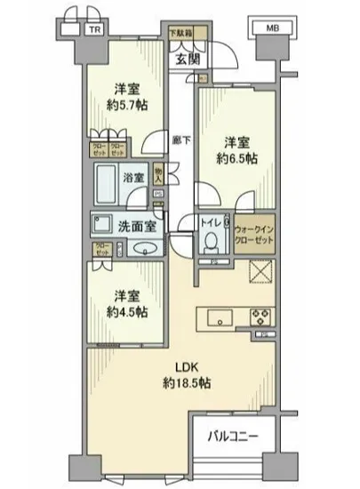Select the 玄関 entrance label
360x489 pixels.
point(187,60)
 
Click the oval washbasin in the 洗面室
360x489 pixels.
point(140,250)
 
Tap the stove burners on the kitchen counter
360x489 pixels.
point(262,315)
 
